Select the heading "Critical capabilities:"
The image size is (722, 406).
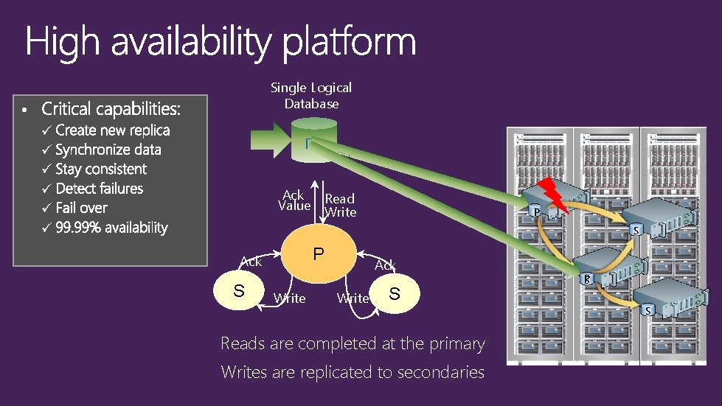(x=111, y=109)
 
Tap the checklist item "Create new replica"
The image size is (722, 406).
(x=112, y=130)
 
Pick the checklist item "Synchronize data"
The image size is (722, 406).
(x=108, y=150)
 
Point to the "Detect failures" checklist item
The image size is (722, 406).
(x=99, y=189)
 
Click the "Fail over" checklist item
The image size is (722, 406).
(x=81, y=209)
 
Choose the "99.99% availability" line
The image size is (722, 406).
(x=111, y=228)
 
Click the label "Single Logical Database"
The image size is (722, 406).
(x=311, y=96)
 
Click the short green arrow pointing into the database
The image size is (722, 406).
(x=277, y=139)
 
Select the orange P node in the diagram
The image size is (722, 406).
(x=318, y=254)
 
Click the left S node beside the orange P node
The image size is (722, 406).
(x=238, y=290)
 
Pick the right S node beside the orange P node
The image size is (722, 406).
(x=395, y=295)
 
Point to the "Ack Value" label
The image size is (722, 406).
(x=294, y=200)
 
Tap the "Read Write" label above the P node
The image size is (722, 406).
(x=340, y=206)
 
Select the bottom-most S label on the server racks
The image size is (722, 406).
(x=648, y=310)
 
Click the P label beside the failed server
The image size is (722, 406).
(x=537, y=213)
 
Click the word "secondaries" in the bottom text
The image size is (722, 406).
(x=440, y=373)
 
